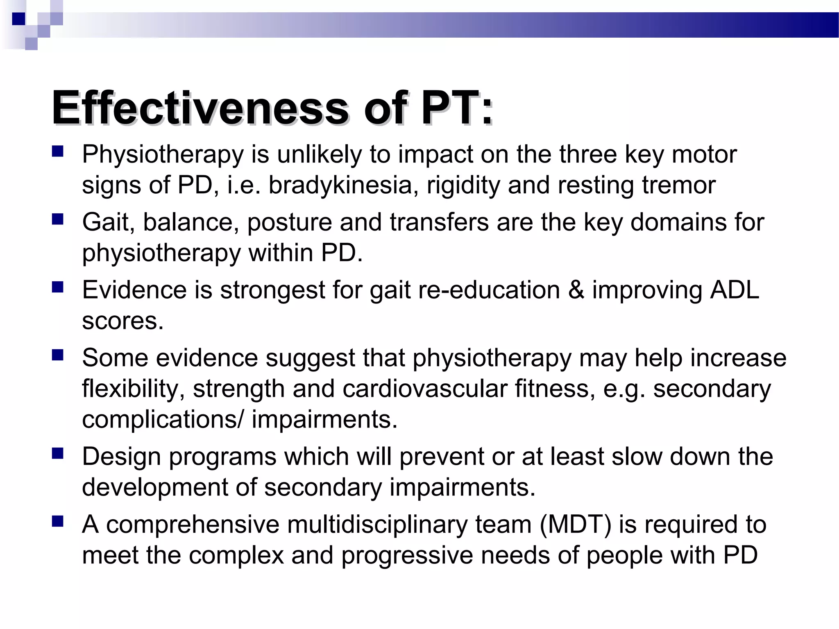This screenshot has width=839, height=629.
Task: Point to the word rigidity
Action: [x=463, y=185]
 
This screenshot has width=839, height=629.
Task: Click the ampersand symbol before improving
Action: [x=576, y=290]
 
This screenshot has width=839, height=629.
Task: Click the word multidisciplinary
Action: [x=377, y=524]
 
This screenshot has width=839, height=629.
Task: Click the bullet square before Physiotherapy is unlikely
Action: [x=58, y=152]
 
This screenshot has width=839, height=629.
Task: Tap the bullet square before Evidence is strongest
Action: [x=58, y=287]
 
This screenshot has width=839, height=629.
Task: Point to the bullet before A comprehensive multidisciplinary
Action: [x=58, y=521]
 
